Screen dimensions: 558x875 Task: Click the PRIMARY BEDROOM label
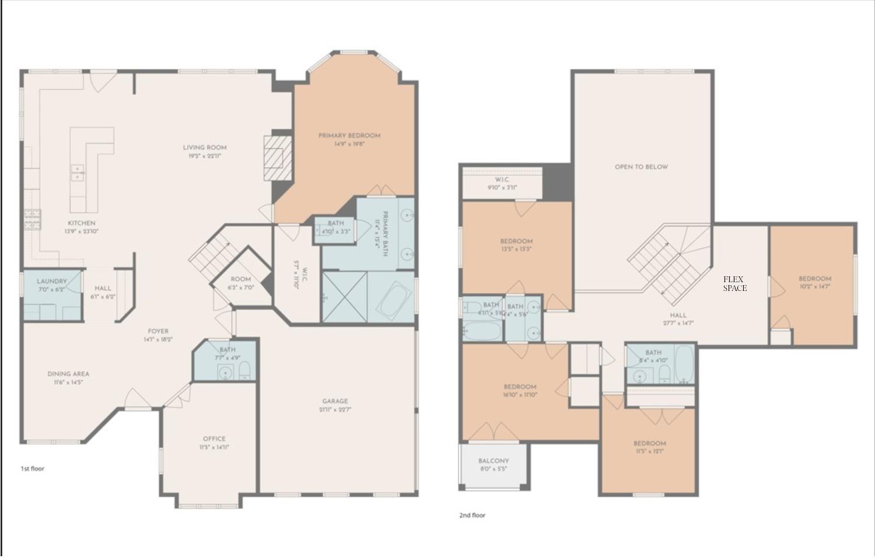(x=349, y=135)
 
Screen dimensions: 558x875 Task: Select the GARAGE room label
(x=335, y=401)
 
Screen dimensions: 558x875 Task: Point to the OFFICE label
(x=214, y=438)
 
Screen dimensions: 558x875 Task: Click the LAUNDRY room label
(x=52, y=281)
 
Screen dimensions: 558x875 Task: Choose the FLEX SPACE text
(x=734, y=283)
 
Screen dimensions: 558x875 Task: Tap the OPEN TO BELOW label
(x=641, y=167)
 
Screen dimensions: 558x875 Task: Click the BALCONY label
(x=494, y=461)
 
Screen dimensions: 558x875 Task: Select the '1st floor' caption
(x=33, y=468)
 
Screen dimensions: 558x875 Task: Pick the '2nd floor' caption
(x=472, y=515)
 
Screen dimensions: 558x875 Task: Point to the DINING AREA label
(x=68, y=374)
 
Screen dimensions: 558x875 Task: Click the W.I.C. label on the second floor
(x=502, y=180)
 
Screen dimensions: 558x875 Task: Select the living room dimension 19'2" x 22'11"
(x=205, y=156)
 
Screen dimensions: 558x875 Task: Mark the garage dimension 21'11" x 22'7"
(x=335, y=409)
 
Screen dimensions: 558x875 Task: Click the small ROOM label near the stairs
(x=240, y=279)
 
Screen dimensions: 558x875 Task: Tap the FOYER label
(x=158, y=331)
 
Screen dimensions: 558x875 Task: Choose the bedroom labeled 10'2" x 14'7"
(x=814, y=282)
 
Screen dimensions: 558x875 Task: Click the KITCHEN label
(x=82, y=223)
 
